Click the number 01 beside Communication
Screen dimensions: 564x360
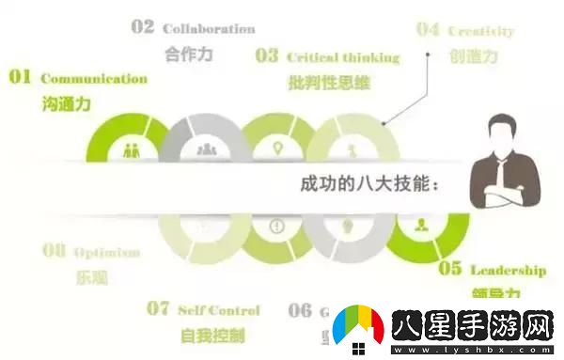coord(20,77)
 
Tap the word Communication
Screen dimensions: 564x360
coord(94,79)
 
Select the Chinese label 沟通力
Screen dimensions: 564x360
coord(67,103)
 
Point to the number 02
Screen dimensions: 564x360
coord(143,27)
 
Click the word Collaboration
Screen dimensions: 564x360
coord(209,29)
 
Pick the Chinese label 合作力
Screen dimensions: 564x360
coord(188,54)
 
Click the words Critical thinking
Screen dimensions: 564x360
coord(342,56)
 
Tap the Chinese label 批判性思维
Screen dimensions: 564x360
coord(329,82)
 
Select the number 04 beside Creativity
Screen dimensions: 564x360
coord(428,29)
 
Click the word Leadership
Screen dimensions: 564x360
coord(508,270)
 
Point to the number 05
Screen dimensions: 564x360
coord(451,269)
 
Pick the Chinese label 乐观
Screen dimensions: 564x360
coord(92,277)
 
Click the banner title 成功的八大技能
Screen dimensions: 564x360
coord(362,184)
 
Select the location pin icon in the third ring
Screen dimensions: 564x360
coord(277,149)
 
